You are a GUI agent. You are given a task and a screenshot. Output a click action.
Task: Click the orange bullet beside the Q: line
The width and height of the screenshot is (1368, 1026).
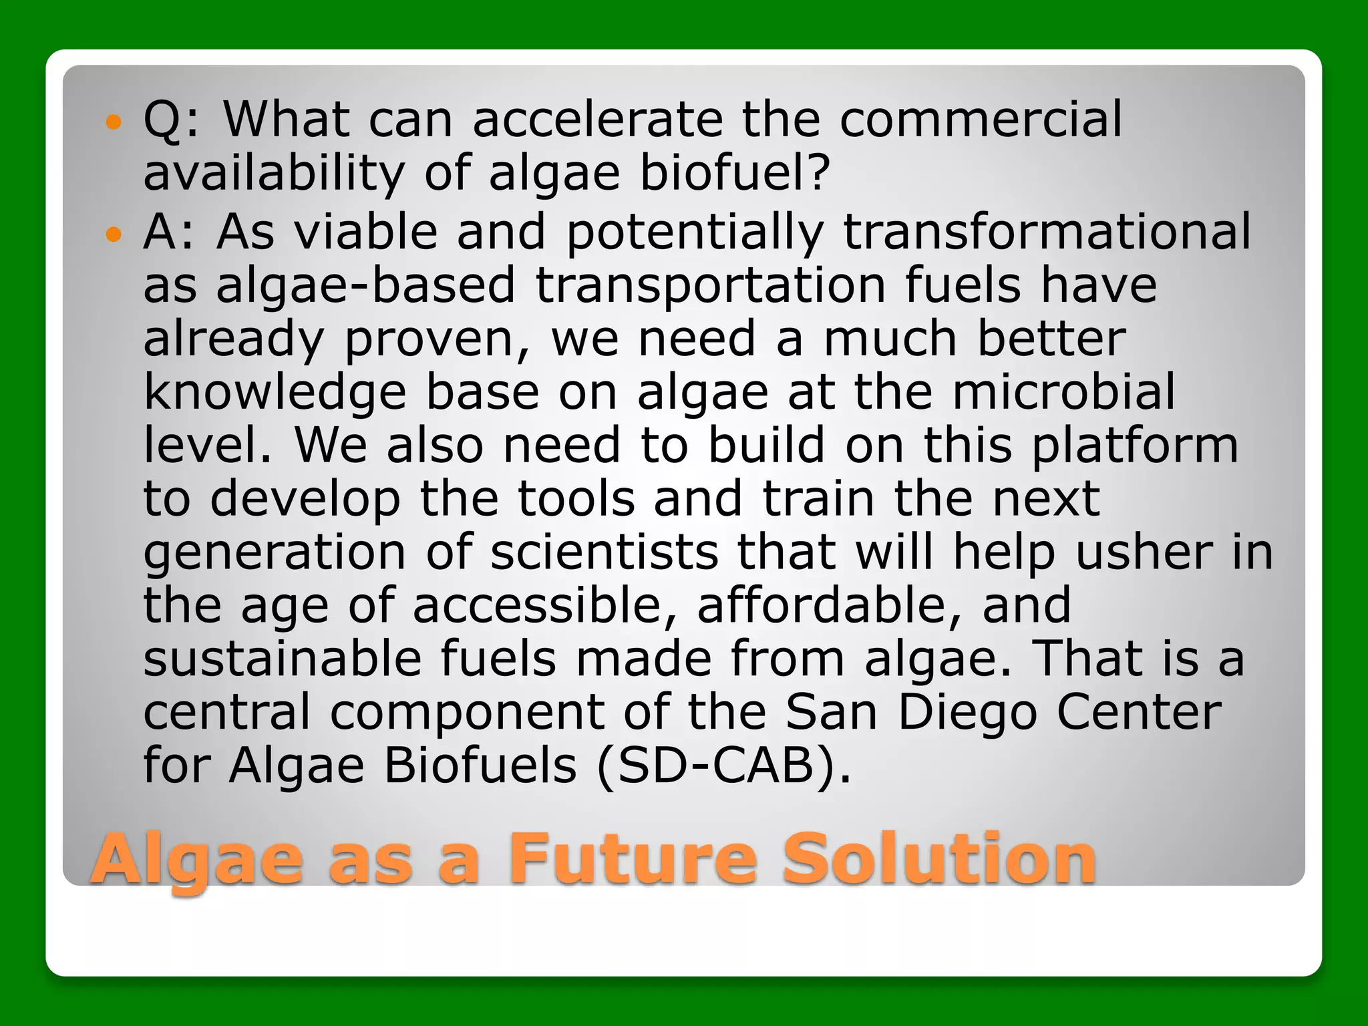click(114, 122)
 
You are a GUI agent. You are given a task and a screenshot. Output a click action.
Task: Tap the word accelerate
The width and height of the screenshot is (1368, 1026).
click(598, 120)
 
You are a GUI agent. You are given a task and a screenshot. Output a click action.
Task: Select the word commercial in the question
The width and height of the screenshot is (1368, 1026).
click(981, 120)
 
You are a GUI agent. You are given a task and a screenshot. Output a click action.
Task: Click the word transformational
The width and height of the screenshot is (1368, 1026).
click(1047, 232)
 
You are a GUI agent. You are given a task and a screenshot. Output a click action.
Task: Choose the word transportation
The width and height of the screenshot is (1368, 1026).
click(711, 285)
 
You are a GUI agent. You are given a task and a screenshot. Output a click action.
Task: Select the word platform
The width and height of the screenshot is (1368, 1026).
click(1135, 446)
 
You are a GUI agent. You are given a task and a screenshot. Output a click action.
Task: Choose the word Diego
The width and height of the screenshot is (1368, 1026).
click(967, 713)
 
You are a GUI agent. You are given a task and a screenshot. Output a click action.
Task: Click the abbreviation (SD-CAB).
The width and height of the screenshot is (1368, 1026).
click(724, 765)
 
